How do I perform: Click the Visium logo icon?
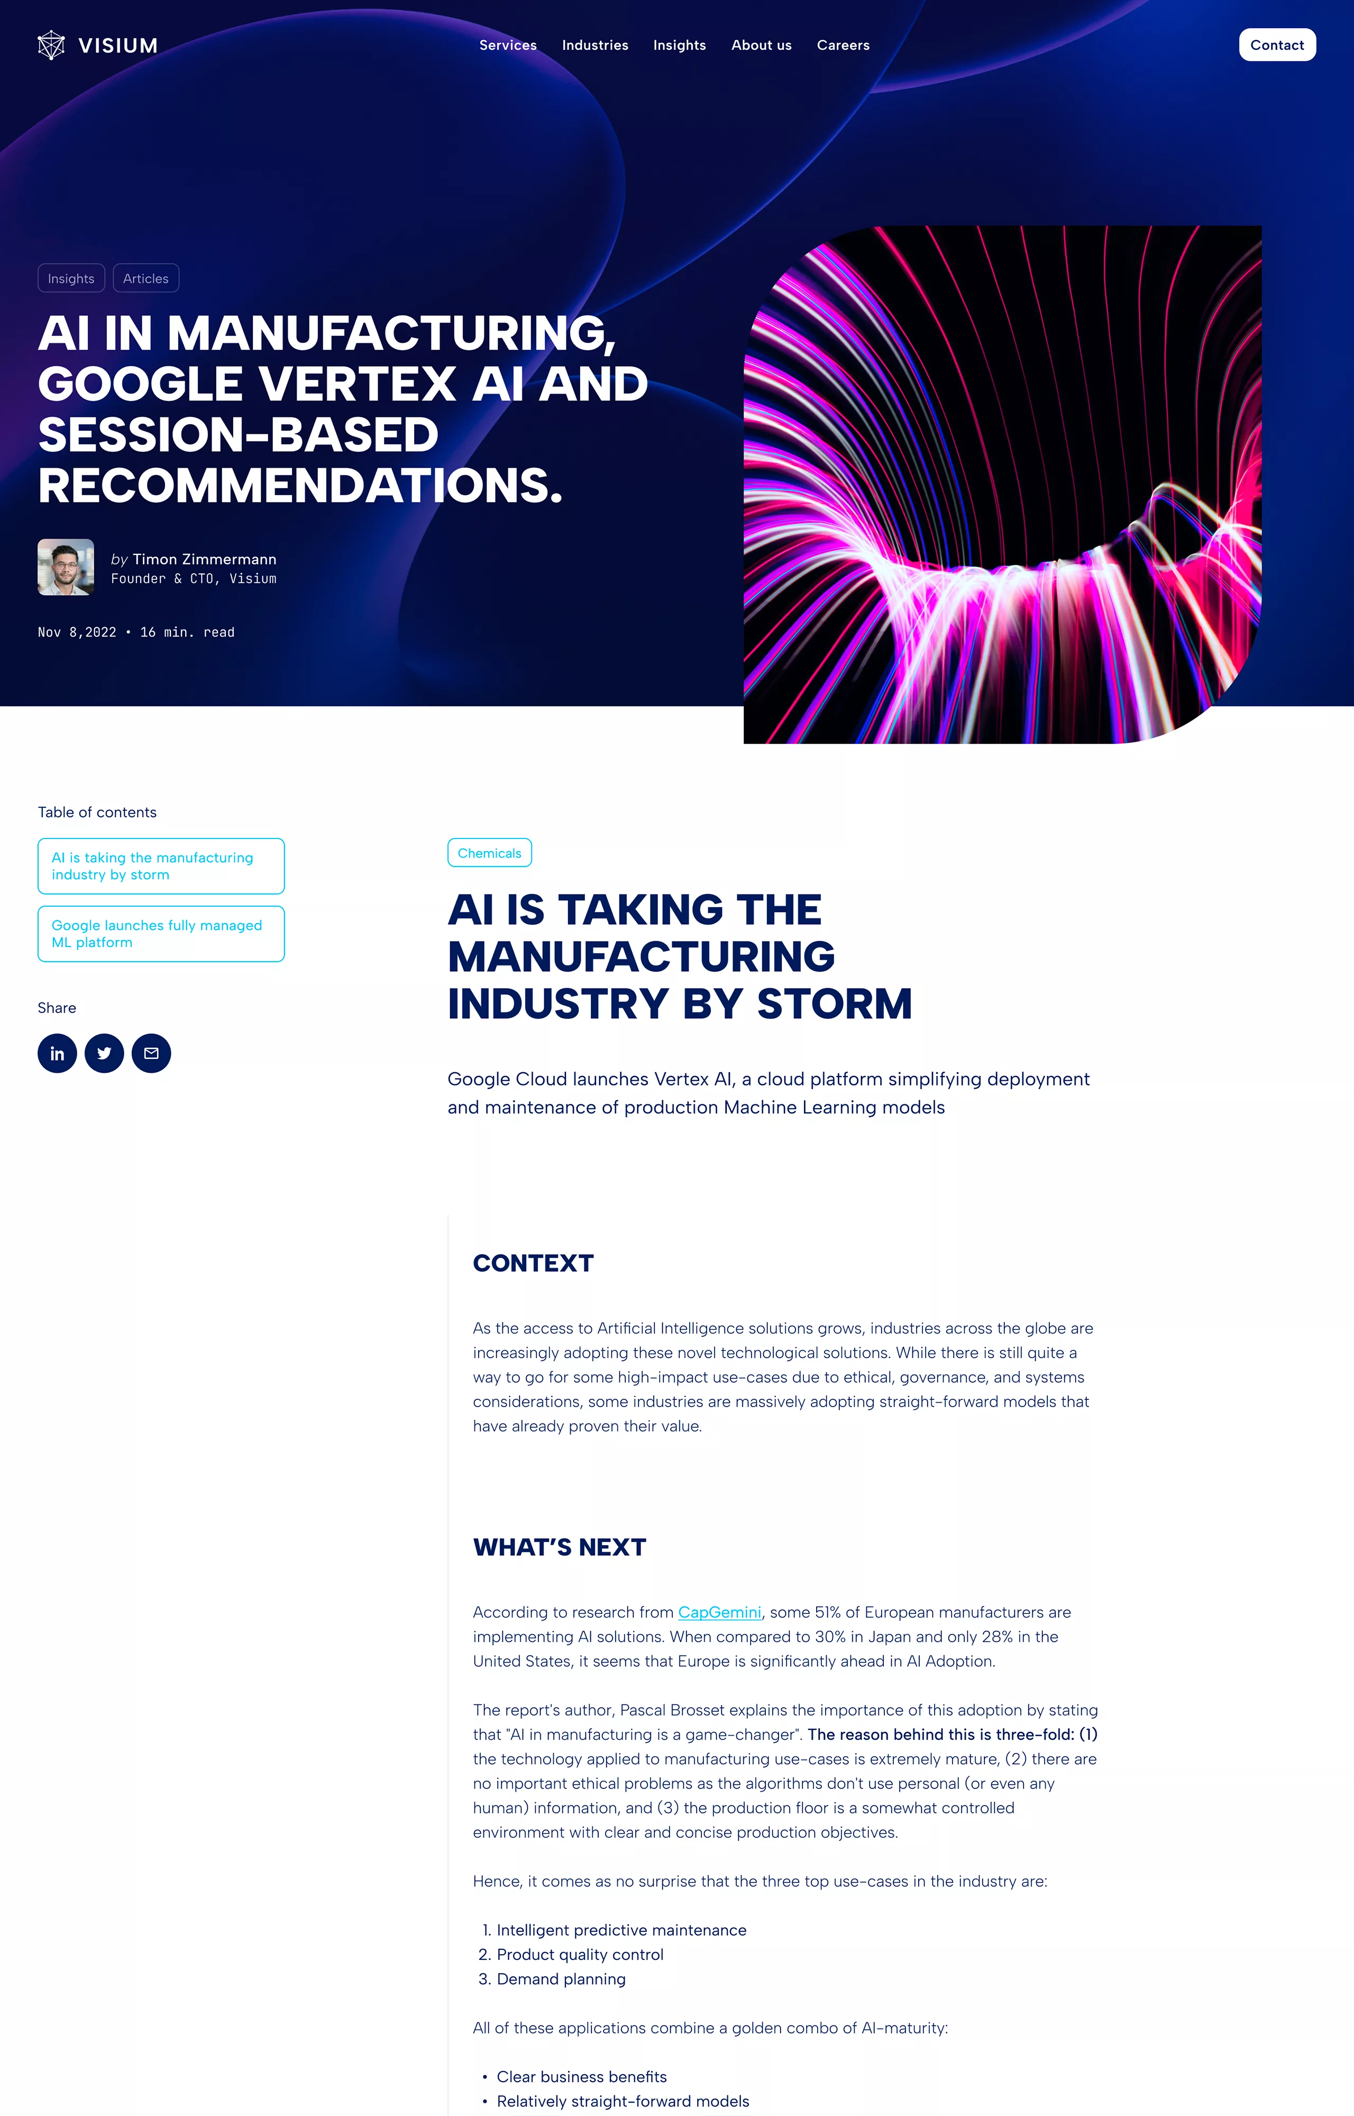click(x=51, y=45)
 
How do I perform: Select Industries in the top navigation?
click(x=595, y=45)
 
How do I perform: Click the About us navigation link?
click(x=762, y=45)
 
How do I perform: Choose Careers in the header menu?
click(x=843, y=45)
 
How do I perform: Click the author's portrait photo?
click(x=66, y=567)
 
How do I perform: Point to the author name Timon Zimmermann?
click(x=205, y=559)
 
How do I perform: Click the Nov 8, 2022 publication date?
click(x=77, y=632)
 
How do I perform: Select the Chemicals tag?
click(x=490, y=853)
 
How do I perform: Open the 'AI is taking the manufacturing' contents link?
click(x=161, y=866)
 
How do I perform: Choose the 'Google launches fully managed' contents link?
click(x=161, y=934)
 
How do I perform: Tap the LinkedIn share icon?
click(x=57, y=1053)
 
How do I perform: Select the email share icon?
click(x=151, y=1053)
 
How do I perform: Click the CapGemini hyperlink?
click(x=720, y=1612)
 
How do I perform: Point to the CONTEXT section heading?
click(x=534, y=1263)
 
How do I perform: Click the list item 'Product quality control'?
click(x=580, y=1954)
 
